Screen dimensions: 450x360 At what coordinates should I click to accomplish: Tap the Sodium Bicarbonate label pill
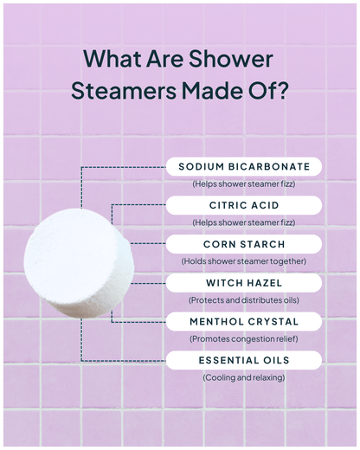tap(243, 166)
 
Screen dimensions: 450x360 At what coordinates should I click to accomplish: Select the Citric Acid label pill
tap(243, 205)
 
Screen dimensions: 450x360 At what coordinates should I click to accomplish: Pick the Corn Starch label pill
tap(243, 244)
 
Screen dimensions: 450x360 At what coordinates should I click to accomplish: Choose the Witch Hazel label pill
tap(243, 283)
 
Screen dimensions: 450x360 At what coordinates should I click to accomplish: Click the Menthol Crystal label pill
tap(243, 322)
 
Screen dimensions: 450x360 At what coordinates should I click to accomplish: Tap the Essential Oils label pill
tap(243, 360)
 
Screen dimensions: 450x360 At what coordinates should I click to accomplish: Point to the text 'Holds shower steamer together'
tap(243, 261)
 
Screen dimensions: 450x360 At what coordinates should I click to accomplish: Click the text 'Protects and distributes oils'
tap(243, 300)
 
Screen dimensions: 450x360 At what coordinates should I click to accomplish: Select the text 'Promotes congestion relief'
tap(243, 339)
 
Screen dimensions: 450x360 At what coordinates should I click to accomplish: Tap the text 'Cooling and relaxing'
tap(243, 378)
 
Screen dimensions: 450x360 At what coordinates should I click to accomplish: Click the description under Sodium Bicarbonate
tap(243, 184)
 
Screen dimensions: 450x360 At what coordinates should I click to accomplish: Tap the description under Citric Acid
tap(243, 222)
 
